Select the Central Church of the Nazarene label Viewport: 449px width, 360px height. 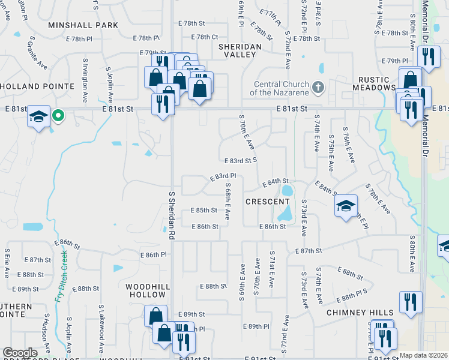[281, 88]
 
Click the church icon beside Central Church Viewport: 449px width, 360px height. [319, 88]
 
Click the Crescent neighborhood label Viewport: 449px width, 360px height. [268, 202]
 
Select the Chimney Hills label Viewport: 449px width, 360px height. [360, 313]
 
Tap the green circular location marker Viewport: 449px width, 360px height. [58, 115]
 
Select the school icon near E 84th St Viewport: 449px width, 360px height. [346, 206]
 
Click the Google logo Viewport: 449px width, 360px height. [20, 352]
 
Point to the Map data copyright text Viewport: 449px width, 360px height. [423, 355]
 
